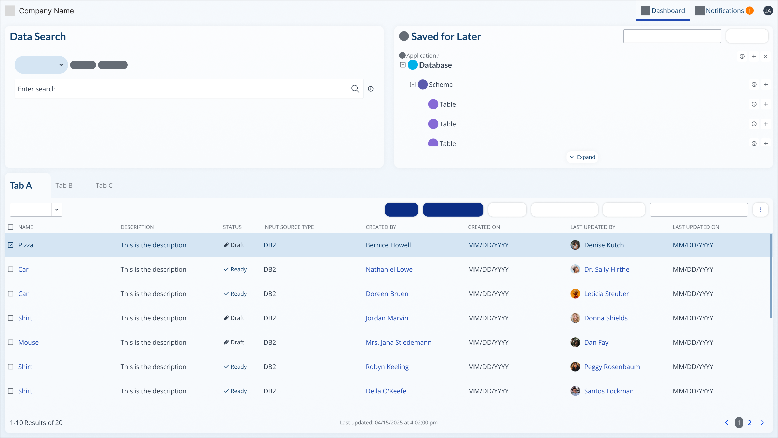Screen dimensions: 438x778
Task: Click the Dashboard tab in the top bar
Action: (663, 11)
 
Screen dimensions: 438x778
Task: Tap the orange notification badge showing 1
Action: (749, 11)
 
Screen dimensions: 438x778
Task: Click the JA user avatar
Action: (768, 11)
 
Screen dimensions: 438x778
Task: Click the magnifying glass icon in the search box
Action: (355, 89)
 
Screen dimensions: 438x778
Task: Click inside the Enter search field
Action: (181, 89)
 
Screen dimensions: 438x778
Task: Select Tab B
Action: (64, 186)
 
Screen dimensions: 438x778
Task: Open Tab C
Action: (104, 186)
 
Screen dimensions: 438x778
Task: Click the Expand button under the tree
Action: (582, 157)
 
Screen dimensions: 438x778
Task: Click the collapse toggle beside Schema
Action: (413, 85)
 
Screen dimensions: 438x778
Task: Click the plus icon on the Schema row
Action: (766, 85)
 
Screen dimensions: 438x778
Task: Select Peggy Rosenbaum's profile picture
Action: (575, 367)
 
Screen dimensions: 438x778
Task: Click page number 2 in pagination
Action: (749, 423)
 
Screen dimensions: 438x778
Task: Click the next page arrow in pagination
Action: (762, 423)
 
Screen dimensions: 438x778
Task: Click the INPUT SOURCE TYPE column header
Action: (289, 227)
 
